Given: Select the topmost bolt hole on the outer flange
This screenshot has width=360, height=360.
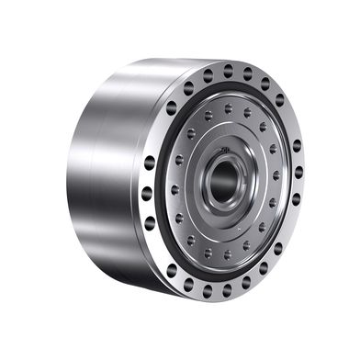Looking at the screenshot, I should pyautogui.click(x=228, y=69).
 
